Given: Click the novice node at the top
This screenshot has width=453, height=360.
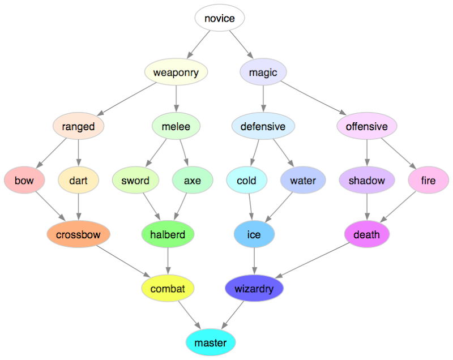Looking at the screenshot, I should click(x=219, y=19).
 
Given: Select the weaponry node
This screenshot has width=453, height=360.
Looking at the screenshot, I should click(x=176, y=72).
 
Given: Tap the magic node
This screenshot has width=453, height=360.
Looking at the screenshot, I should click(x=263, y=72).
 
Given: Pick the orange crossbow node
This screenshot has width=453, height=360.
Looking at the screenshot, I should click(x=78, y=234).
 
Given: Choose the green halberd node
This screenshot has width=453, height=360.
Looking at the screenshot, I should click(x=168, y=234).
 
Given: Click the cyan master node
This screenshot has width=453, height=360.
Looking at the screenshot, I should click(x=210, y=343).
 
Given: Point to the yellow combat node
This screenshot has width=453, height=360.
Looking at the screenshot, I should click(x=168, y=289).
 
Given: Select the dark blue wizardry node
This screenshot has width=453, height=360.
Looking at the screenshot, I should click(x=254, y=289).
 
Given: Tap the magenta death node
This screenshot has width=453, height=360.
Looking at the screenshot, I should click(x=367, y=234).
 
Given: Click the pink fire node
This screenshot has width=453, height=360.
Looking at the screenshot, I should click(x=428, y=181).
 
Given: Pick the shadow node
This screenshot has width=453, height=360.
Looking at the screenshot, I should click(x=367, y=181).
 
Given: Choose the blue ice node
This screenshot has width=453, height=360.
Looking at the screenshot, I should click(x=254, y=234).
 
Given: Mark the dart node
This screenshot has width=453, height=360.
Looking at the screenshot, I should click(x=78, y=181).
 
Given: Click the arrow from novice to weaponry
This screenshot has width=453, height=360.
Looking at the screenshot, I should click(x=198, y=44).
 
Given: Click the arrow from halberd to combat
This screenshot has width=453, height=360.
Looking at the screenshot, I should click(x=168, y=262).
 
